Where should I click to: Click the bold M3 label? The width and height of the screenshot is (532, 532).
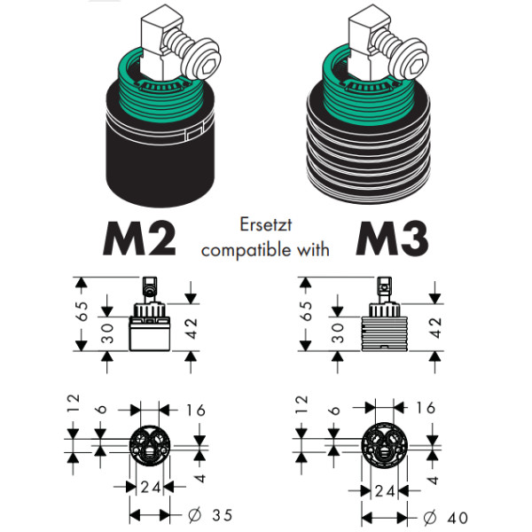click(x=393, y=237)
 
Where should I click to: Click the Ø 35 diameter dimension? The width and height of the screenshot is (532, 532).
click(x=212, y=515)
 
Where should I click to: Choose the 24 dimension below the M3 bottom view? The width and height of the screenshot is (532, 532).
click(x=384, y=489)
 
